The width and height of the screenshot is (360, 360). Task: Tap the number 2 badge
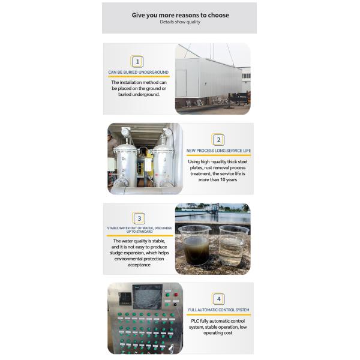tap(218, 140)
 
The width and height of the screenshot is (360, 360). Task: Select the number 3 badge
tap(139, 219)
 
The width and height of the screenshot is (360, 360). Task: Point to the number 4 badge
tap(218, 298)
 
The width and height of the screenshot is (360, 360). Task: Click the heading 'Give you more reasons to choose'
tap(180, 15)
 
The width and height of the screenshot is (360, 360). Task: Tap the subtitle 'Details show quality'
tap(180, 22)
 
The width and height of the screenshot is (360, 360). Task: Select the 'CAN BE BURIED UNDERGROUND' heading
tap(139, 73)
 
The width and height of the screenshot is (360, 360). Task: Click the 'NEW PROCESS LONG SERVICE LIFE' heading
tap(218, 151)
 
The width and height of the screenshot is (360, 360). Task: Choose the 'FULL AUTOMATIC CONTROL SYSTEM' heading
tap(218, 310)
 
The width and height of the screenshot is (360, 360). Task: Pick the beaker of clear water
tap(232, 246)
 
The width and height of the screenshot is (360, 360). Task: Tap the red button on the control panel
tap(176, 295)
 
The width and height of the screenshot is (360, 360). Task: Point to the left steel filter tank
tap(128, 161)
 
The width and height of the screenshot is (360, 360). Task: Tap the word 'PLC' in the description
tap(194, 321)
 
